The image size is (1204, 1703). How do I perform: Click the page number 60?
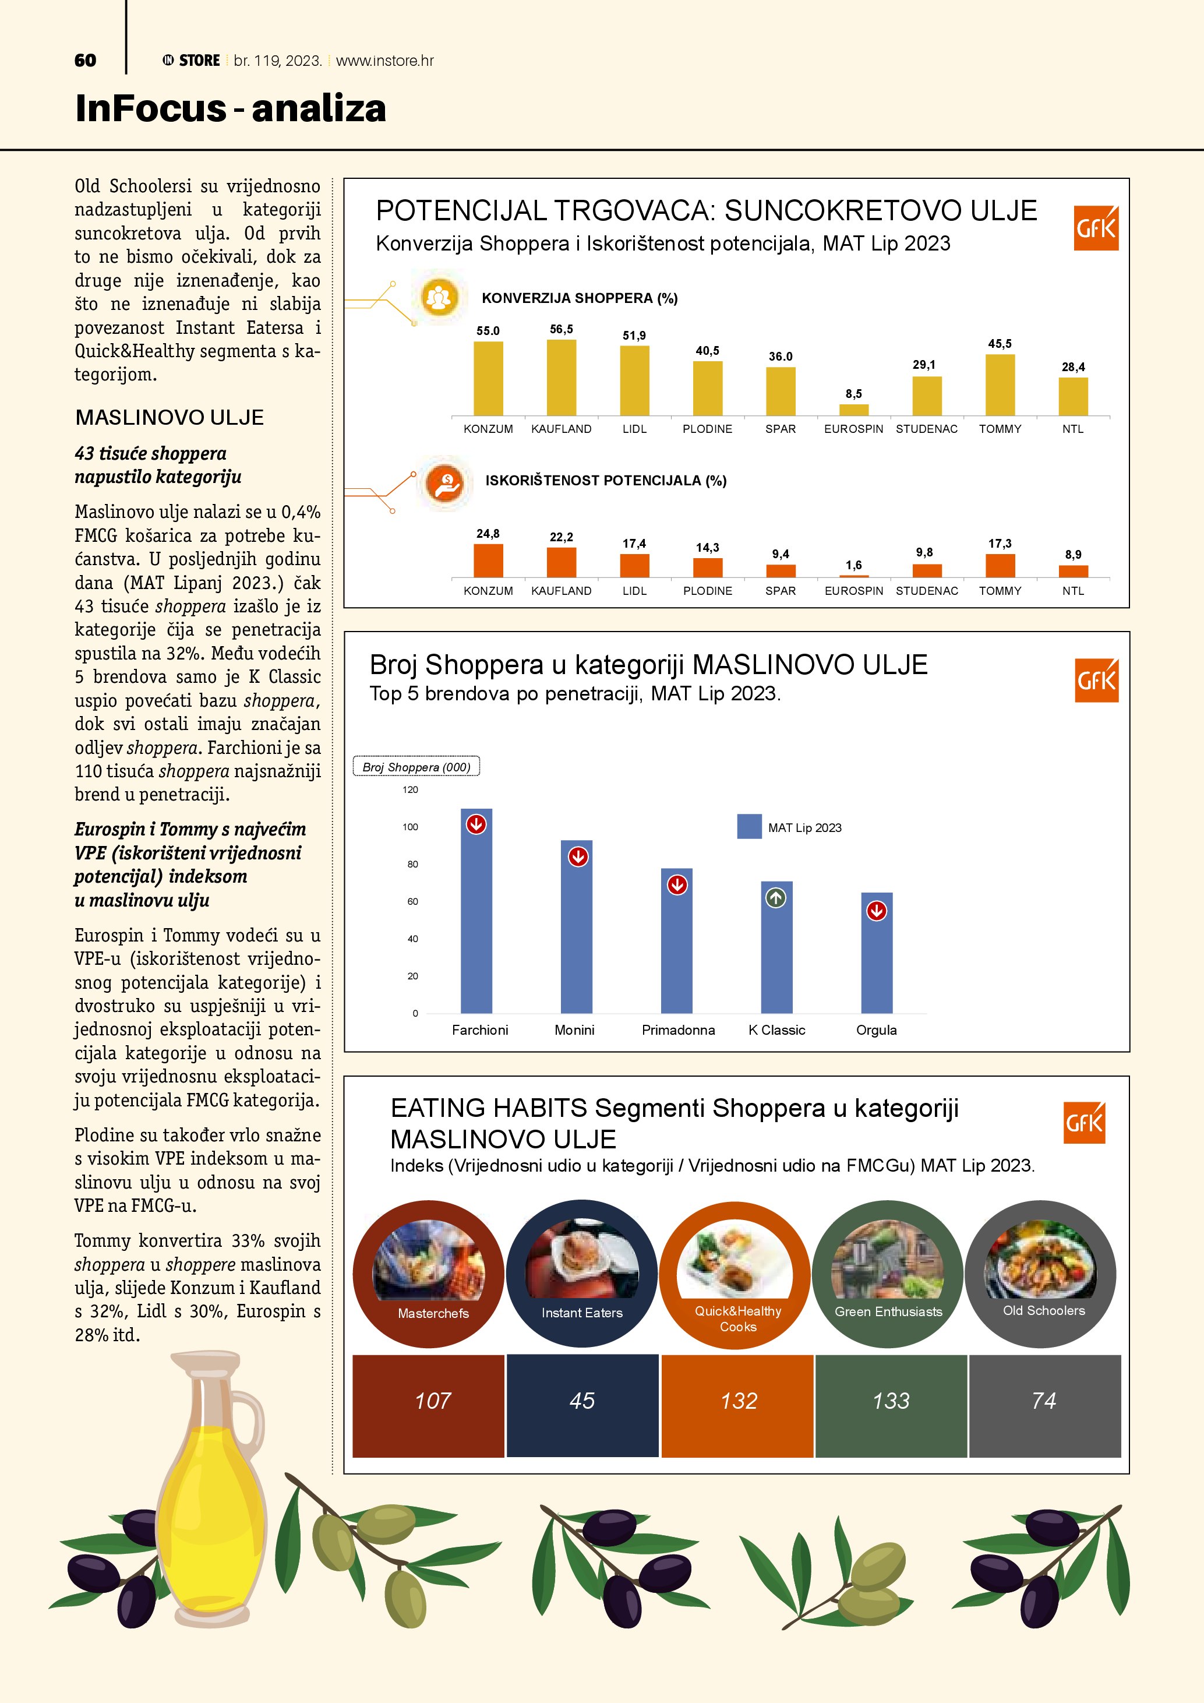pyautogui.click(x=85, y=61)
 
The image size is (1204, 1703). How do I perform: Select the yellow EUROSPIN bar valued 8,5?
pyautogui.click(x=853, y=410)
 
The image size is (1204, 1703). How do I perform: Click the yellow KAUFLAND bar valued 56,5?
pyautogui.click(x=561, y=378)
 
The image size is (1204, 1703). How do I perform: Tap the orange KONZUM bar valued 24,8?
pyautogui.click(x=488, y=560)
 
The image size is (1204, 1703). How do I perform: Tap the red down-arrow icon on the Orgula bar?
pyautogui.click(x=876, y=911)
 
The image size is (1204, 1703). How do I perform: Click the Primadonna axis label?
pyautogui.click(x=677, y=1030)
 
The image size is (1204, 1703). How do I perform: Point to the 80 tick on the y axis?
pyautogui.click(x=412, y=864)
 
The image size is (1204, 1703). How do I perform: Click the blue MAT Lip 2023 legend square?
pyautogui.click(x=749, y=827)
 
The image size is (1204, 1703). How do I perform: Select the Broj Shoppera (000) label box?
pyautogui.click(x=416, y=767)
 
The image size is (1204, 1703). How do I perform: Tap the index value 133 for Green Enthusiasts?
pyautogui.click(x=891, y=1401)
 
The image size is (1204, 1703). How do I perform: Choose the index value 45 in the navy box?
pyautogui.click(x=582, y=1401)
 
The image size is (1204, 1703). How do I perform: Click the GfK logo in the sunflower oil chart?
pyautogui.click(x=1096, y=228)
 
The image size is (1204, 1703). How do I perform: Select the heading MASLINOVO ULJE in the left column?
pyautogui.click(x=169, y=418)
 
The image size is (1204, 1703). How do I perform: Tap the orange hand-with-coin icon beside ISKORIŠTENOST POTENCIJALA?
pyautogui.click(x=445, y=483)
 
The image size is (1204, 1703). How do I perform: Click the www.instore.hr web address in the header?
pyautogui.click(x=385, y=61)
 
